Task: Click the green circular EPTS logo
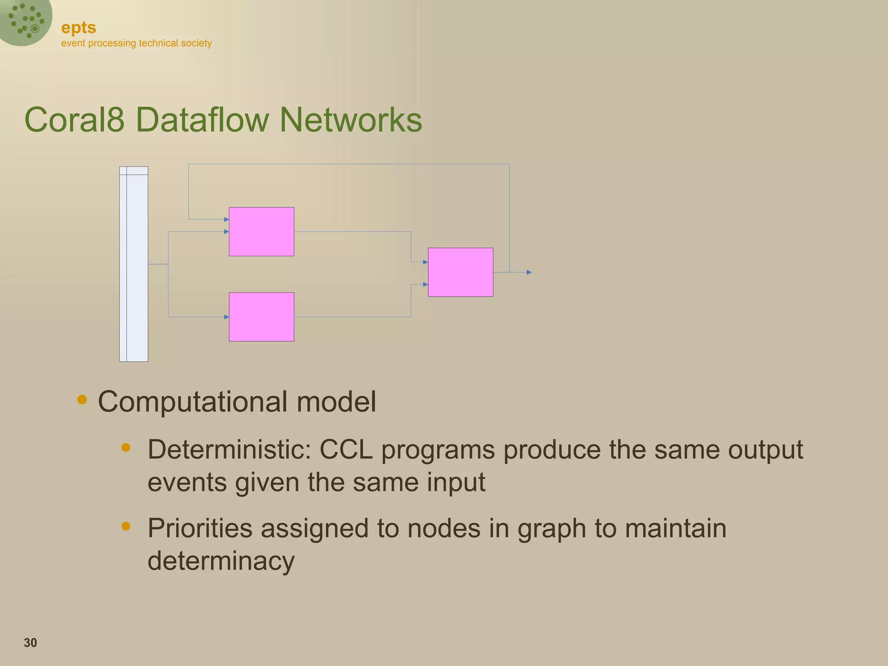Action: (25, 21)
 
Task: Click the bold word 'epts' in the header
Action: (78, 28)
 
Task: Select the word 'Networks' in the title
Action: (351, 120)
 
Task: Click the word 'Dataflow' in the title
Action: (202, 120)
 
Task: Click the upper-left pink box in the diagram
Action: (261, 232)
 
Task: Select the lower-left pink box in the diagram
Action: (261, 317)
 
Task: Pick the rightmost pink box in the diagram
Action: (460, 272)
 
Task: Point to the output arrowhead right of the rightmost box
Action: (529, 272)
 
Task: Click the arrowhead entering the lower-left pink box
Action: (226, 317)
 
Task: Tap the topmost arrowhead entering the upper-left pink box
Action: (226, 219)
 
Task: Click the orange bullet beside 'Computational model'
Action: (82, 399)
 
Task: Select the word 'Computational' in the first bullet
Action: (193, 402)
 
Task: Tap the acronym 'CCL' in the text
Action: (346, 450)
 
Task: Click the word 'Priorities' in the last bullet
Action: (200, 529)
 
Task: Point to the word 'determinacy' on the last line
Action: (221, 561)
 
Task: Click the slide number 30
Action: (30, 643)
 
